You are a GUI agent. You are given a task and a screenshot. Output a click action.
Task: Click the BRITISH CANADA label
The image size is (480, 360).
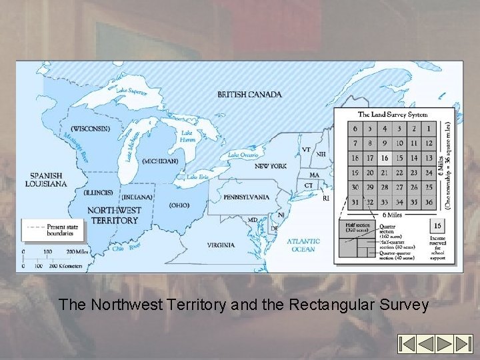249,95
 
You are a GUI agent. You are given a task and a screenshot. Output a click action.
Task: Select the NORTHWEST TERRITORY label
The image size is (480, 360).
114,215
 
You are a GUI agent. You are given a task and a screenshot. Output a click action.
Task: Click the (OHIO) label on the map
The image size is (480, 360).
179,205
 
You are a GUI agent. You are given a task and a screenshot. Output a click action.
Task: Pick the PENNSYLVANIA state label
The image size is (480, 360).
246,197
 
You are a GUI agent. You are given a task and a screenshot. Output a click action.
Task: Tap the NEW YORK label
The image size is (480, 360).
270,165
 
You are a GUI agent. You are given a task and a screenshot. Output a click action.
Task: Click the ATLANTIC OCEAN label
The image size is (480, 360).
303,245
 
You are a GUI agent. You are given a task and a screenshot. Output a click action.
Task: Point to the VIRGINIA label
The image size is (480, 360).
219,245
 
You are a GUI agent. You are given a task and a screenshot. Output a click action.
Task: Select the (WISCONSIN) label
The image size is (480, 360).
89,129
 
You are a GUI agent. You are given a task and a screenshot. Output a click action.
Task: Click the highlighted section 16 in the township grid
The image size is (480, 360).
385,158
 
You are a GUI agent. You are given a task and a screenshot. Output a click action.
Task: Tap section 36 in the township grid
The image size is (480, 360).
429,202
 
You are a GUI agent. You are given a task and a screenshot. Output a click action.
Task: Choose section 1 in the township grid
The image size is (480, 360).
429,129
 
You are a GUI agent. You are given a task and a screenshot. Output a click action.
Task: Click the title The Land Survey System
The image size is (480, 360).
393,114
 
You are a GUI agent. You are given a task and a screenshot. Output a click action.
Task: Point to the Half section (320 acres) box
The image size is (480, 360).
354,227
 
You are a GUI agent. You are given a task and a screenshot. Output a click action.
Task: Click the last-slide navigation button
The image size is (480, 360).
463,344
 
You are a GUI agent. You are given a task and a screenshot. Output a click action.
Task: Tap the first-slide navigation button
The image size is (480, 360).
407,344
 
